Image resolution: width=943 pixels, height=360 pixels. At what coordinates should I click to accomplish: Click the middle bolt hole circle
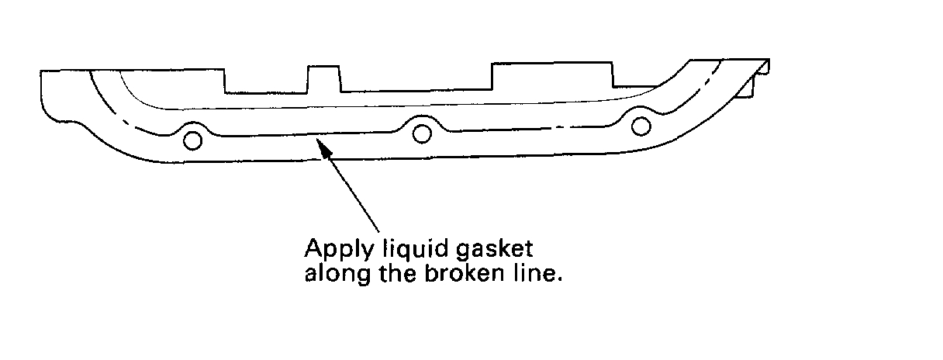pos(422,133)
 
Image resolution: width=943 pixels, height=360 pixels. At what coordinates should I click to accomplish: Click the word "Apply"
pos(332,251)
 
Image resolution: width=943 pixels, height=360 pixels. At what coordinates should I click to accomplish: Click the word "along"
pos(331,275)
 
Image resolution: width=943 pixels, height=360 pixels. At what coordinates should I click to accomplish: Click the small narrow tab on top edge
pos(324,78)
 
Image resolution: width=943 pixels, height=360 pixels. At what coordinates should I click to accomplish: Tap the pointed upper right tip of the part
pos(767,61)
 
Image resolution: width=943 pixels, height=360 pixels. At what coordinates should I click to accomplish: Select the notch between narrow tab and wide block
pos(416,80)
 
